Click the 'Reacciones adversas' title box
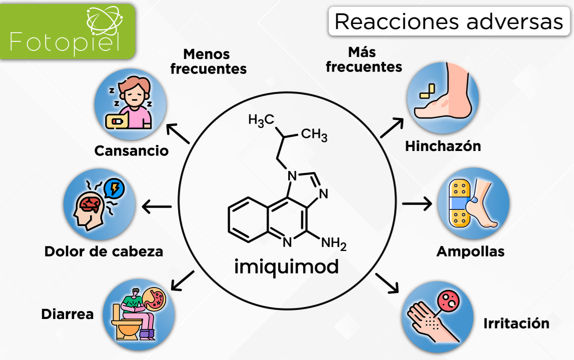pyautogui.click(x=448, y=21)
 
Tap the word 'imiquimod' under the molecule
pyautogui.click(x=286, y=266)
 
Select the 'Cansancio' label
pyautogui.click(x=131, y=150)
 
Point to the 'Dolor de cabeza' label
pyautogui.click(x=104, y=251)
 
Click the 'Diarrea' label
pyautogui.click(x=67, y=314)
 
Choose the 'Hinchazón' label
pyautogui.click(x=442, y=146)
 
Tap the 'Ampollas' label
pyautogui.click(x=470, y=251)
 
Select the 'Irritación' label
pyautogui.click(x=516, y=323)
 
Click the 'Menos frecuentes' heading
pyautogui.click(x=208, y=61)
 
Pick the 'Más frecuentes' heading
pyautogui.click(x=364, y=59)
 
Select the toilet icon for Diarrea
pyautogui.click(x=139, y=314)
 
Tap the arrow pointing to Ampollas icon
pyautogui.click(x=416, y=203)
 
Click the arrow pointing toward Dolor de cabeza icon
pyautogui.click(x=157, y=206)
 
